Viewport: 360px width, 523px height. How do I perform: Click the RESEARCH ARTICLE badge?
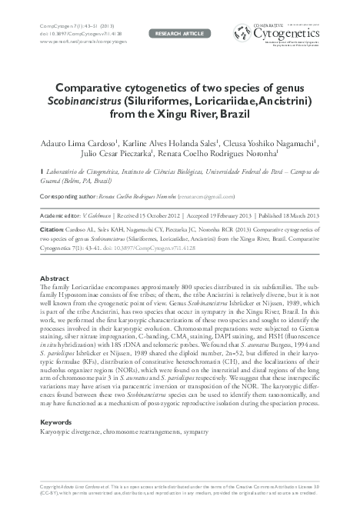[179, 34]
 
